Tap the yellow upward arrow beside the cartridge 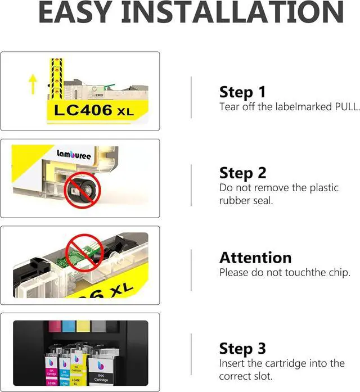[x=33, y=83]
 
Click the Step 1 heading [x=242, y=92]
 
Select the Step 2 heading [x=242, y=173]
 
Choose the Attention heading [x=255, y=258]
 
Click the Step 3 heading [x=242, y=348]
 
